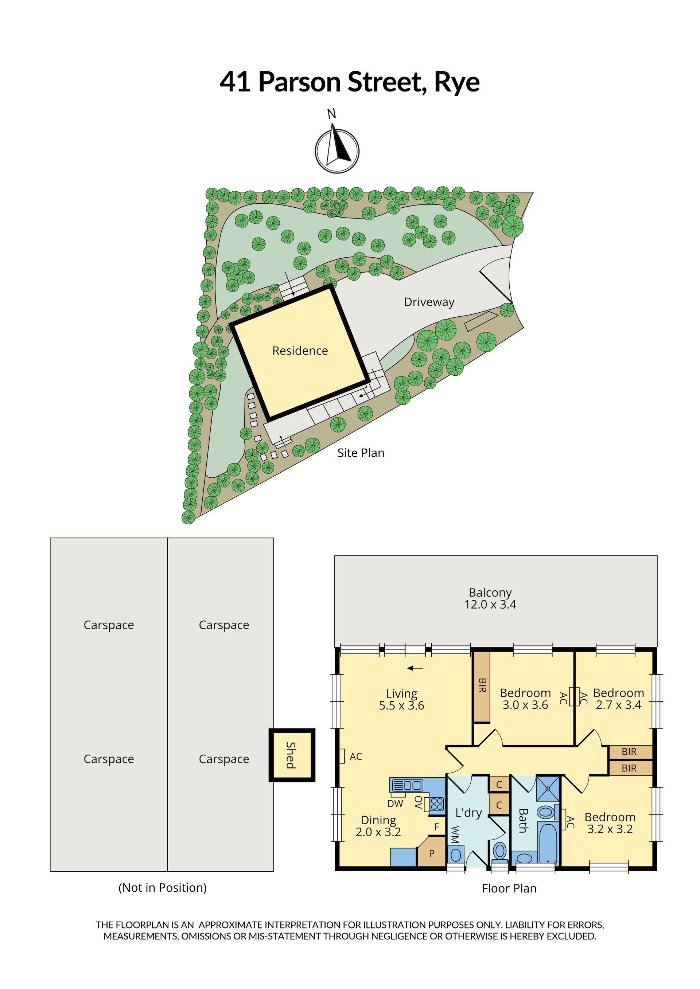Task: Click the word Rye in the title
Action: click(x=456, y=82)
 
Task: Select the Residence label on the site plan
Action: click(x=300, y=351)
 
